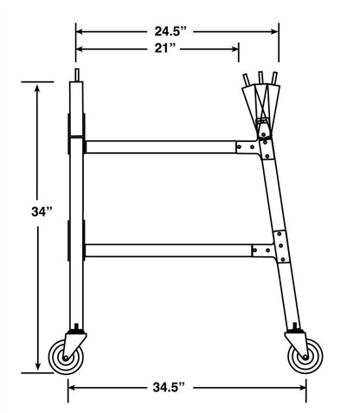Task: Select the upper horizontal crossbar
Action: point(160,147)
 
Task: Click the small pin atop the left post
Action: point(78,76)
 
